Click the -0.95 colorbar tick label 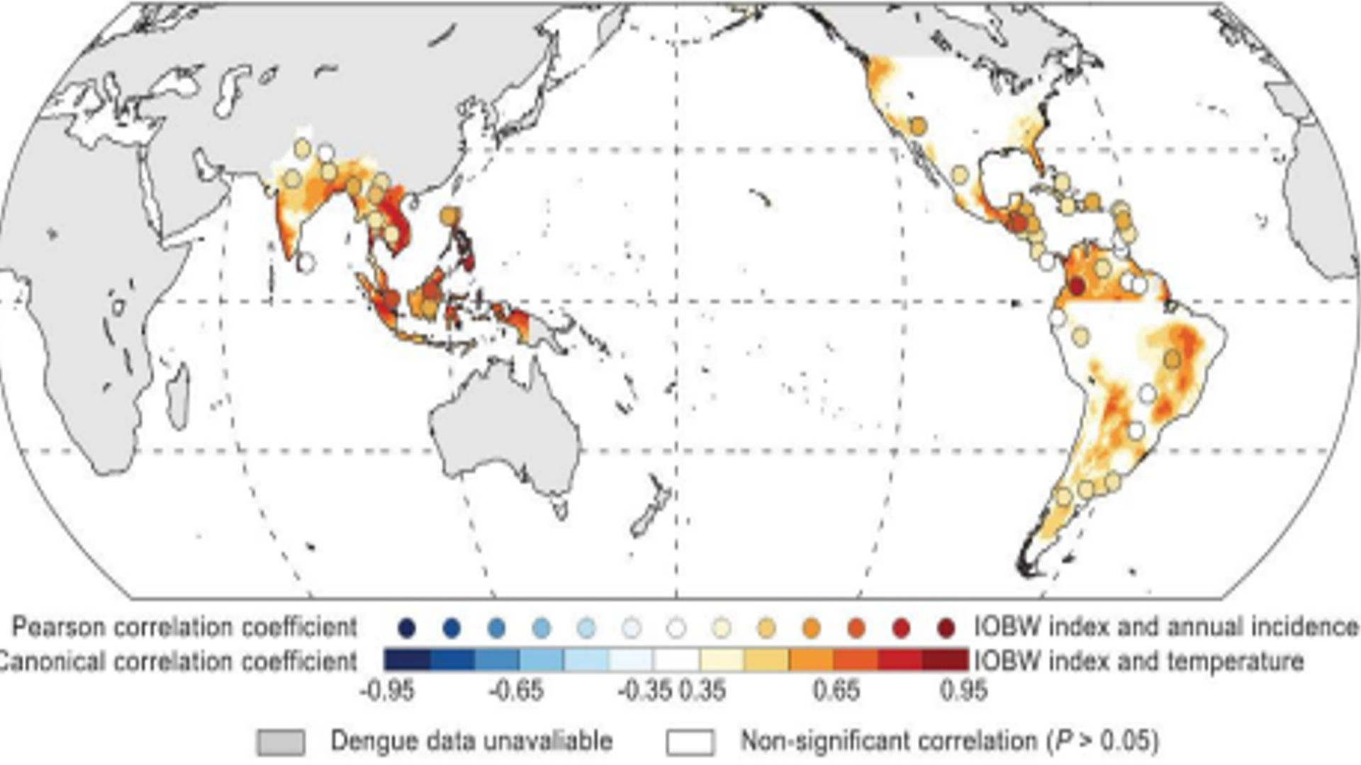tap(387, 690)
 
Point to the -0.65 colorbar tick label tap(515, 690)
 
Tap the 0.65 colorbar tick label tap(836, 690)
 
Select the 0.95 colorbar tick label tap(963, 690)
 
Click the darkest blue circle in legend tap(406, 628)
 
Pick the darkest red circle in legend tap(946, 628)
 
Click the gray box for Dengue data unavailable tap(281, 742)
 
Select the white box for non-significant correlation tap(690, 742)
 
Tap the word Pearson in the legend tap(58, 627)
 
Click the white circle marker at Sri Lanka tap(306, 263)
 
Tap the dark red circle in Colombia tap(1076, 286)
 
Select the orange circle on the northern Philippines tap(450, 215)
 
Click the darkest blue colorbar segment tap(406, 660)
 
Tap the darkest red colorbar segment tap(945, 660)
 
